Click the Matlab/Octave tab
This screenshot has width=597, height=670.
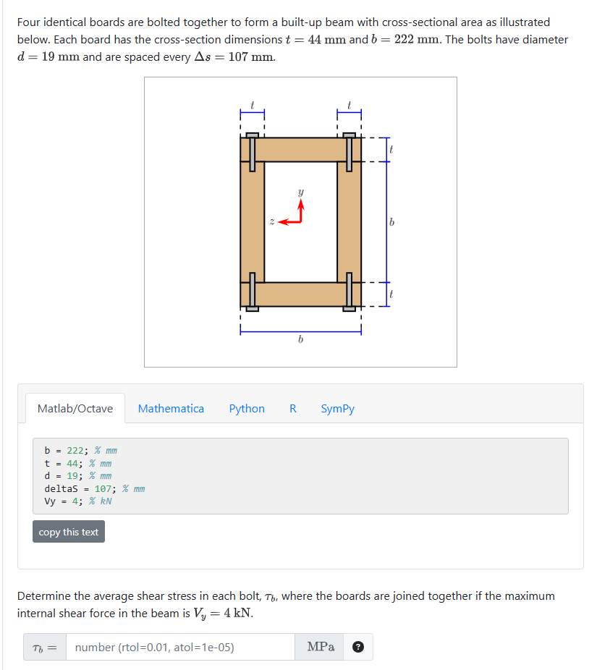tap(75, 409)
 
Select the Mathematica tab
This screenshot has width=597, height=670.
tap(171, 409)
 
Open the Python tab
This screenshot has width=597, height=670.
tap(247, 409)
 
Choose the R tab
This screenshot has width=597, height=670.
tap(293, 409)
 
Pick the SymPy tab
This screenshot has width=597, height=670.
tap(338, 409)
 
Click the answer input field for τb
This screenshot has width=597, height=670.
tap(180, 648)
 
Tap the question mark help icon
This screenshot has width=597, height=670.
tap(357, 648)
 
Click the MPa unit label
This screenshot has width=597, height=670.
tap(321, 648)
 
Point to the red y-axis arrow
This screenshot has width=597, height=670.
tap(300, 211)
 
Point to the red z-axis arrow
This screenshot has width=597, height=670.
tap(288, 222)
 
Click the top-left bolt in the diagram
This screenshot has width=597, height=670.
tap(252, 152)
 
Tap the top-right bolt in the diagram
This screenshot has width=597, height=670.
tap(350, 152)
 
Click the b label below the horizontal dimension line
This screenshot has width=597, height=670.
tap(300, 340)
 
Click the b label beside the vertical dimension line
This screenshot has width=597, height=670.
tap(391, 222)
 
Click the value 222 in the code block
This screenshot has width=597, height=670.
tap(76, 450)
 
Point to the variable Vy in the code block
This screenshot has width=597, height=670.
tap(51, 501)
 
